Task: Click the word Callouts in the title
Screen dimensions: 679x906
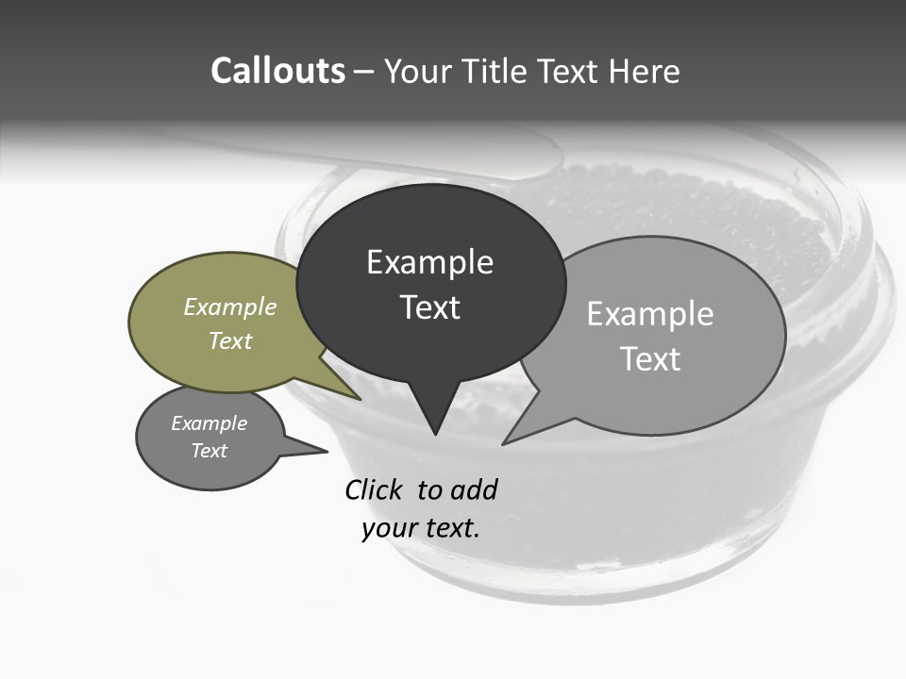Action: click(x=277, y=71)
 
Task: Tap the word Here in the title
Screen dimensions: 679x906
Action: click(x=645, y=71)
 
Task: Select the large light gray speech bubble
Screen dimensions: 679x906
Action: click(x=679, y=377)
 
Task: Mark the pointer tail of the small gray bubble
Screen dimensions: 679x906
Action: click(x=321, y=451)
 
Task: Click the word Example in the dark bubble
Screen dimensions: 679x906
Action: click(x=429, y=262)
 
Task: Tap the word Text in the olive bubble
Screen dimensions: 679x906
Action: click(x=230, y=340)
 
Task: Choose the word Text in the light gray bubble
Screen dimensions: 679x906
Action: click(x=650, y=358)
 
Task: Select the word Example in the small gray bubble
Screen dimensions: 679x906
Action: click(x=209, y=423)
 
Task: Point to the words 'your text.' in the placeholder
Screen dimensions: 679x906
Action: click(x=421, y=528)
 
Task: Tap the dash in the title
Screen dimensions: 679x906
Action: click(x=364, y=71)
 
